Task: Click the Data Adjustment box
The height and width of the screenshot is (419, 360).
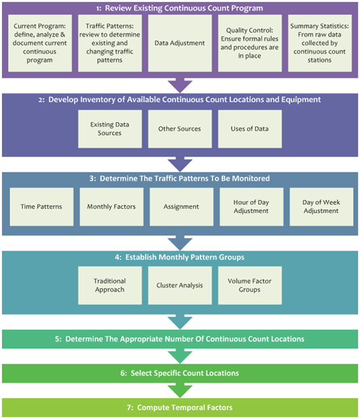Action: point(180,43)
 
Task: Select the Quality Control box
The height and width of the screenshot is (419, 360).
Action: point(250,43)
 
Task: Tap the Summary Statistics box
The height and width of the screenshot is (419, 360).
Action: point(319,43)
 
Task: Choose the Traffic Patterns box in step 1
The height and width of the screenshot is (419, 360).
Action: point(110,43)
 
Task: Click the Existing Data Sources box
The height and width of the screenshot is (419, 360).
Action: point(110,128)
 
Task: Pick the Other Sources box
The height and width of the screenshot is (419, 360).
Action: point(180,128)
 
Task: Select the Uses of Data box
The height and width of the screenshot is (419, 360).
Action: point(250,128)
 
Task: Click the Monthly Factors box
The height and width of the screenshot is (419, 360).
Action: point(110,207)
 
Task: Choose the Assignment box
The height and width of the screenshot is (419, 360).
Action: point(180,207)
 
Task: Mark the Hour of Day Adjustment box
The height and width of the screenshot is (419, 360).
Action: point(250,207)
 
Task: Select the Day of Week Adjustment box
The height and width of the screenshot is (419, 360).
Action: point(319,207)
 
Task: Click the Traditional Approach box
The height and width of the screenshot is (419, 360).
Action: point(110,285)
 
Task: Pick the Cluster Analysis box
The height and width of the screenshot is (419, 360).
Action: point(180,285)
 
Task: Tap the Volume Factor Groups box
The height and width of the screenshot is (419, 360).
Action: point(250,285)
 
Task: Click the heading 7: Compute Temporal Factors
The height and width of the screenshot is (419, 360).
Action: point(180,407)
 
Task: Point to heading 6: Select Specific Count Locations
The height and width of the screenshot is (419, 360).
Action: point(180,373)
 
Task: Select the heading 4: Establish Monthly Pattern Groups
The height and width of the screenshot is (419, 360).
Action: point(180,256)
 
